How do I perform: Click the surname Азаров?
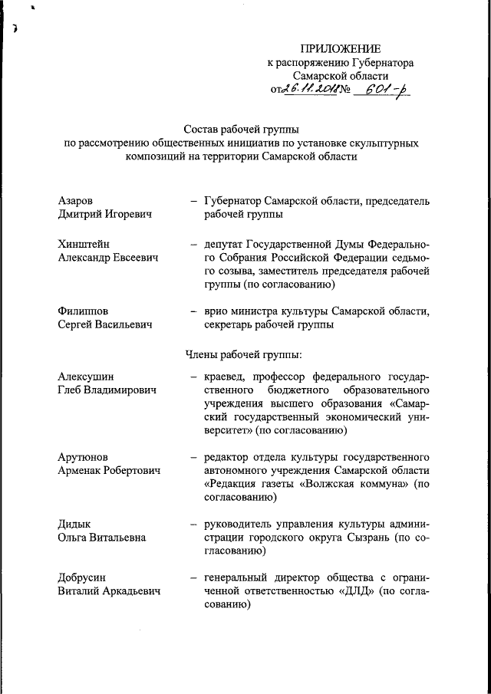point(77,201)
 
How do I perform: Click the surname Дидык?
point(74,524)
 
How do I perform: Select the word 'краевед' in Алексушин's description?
point(227,377)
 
